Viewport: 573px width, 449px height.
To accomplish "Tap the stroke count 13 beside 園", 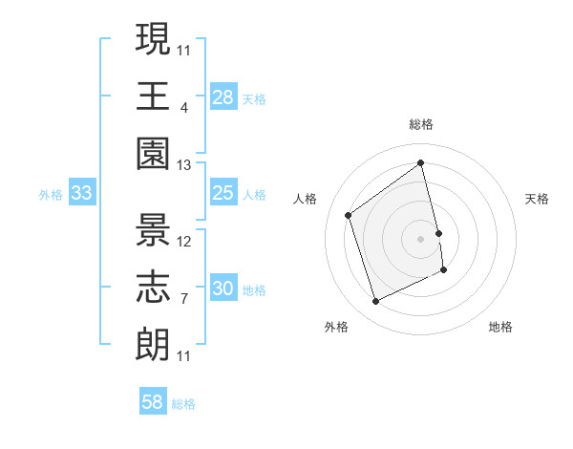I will (x=183, y=165).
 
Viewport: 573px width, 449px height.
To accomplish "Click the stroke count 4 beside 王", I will (x=183, y=107).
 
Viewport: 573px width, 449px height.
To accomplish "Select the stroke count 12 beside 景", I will (x=184, y=242).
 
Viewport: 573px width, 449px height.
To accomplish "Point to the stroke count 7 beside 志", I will (x=183, y=299).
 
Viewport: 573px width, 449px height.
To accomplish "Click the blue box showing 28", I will (x=223, y=97).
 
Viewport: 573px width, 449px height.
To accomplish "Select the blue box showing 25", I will (x=223, y=194).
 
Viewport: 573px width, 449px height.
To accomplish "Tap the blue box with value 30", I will (x=223, y=289).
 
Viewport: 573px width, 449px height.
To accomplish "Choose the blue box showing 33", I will (x=81, y=194).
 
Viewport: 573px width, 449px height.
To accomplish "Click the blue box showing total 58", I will (x=152, y=402).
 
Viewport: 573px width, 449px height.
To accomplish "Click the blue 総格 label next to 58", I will (x=183, y=404).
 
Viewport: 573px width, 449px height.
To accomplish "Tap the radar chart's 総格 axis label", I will (x=420, y=124).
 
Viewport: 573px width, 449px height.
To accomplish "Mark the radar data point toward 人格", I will (x=349, y=216).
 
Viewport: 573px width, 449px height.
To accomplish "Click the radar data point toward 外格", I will (x=375, y=302).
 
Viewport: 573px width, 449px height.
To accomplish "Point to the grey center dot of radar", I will (x=420, y=238).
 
